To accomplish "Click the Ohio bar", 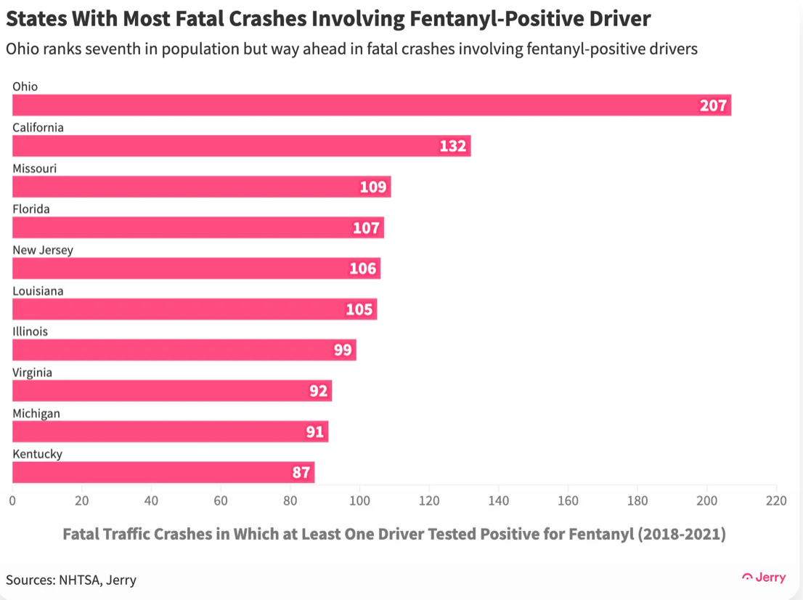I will pyautogui.click(x=372, y=105).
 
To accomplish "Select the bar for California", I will pyautogui.click(x=242, y=146).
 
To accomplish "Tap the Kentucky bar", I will pyautogui.click(x=163, y=472).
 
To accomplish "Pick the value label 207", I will pyautogui.click(x=713, y=105).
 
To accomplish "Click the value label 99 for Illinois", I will pyautogui.click(x=343, y=350).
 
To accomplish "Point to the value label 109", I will pyautogui.click(x=373, y=187).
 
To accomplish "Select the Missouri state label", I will pyautogui.click(x=34, y=169).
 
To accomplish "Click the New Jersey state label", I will pyautogui.click(x=43, y=250).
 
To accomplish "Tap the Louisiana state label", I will pyautogui.click(x=38, y=291).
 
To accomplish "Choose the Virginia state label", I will pyautogui.click(x=32, y=373).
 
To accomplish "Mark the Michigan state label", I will pyautogui.click(x=36, y=413).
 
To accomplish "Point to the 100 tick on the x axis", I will pyautogui.click(x=359, y=500).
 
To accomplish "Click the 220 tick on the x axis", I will pyautogui.click(x=776, y=500).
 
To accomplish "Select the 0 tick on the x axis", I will pyautogui.click(x=12, y=500).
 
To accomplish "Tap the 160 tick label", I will pyautogui.click(x=568, y=500).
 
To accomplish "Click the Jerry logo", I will pyautogui.click(x=764, y=577).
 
